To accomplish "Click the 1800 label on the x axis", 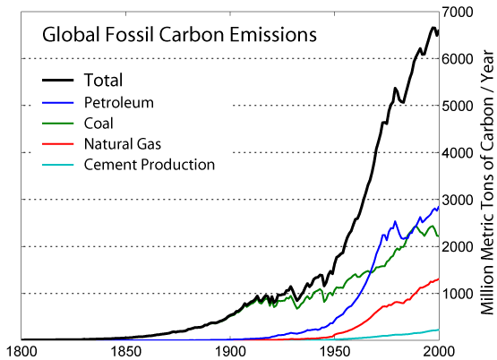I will (x=20, y=351).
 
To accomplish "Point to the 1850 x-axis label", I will (x=125, y=351).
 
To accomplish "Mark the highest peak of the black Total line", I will (x=433, y=29).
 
